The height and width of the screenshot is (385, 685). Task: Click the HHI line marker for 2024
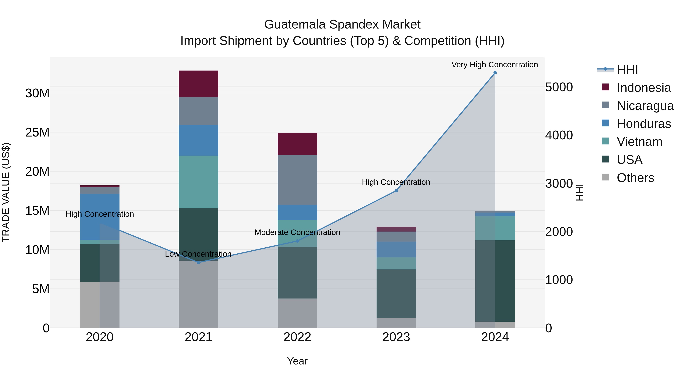(x=495, y=73)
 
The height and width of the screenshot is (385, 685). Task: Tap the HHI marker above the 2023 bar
(x=396, y=191)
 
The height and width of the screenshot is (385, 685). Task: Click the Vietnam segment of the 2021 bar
(x=198, y=182)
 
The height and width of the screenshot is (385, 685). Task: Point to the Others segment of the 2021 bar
(x=198, y=294)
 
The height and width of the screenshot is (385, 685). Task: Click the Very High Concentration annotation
(x=495, y=65)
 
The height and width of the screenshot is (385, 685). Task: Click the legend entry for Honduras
(x=644, y=124)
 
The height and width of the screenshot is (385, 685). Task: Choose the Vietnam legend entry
(x=639, y=142)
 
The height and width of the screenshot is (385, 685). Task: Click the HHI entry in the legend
(x=627, y=70)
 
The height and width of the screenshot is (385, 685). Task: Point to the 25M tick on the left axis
(x=37, y=132)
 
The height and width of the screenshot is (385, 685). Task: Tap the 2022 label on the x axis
(x=297, y=337)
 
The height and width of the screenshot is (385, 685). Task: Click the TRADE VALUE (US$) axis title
(x=6, y=192)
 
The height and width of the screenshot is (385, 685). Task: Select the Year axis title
(x=297, y=361)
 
